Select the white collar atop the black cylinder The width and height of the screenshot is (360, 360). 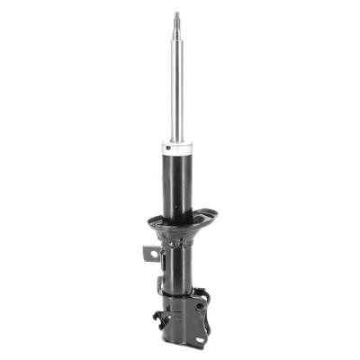(178, 147)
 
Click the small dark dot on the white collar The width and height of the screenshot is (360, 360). (168, 143)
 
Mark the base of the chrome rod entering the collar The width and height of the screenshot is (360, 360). (178, 138)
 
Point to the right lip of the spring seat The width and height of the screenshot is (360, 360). (214, 215)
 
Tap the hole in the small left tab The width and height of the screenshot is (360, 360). (154, 255)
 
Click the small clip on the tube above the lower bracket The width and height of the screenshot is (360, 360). (162, 287)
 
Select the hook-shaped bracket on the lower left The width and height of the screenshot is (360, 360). (161, 318)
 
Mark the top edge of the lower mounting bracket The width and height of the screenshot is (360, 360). (184, 293)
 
